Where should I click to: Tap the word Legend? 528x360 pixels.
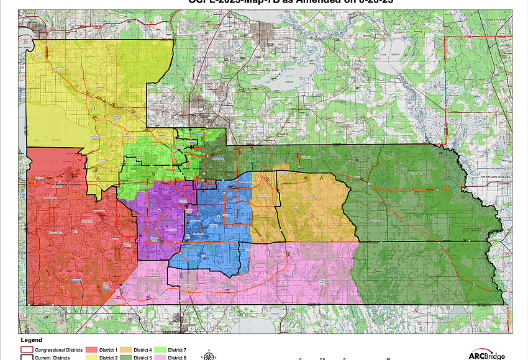pyautogui.click(x=31, y=340)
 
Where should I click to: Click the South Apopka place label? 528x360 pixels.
pyautogui.click(x=116, y=115)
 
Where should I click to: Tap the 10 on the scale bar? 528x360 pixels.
pyautogui.click(x=388, y=358)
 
